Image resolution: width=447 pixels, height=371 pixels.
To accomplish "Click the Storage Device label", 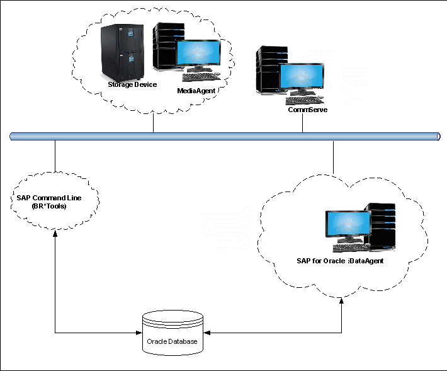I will [132, 84].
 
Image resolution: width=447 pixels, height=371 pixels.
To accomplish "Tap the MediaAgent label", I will [196, 91].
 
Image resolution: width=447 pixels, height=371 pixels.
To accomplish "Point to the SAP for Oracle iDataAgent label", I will [340, 261].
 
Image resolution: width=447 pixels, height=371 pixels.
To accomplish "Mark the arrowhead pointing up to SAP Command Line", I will [55, 234].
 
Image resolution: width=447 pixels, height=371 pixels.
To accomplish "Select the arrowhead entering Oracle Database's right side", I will [205, 332].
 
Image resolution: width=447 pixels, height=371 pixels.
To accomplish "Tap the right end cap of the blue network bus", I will [438, 136].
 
